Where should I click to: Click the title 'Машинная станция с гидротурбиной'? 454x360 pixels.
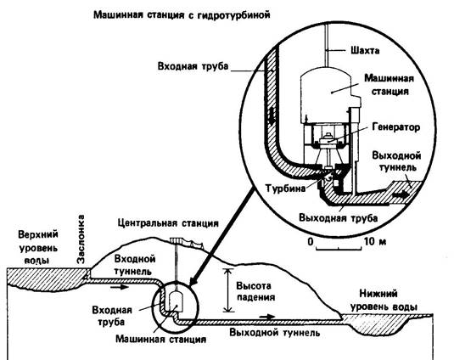(182, 15)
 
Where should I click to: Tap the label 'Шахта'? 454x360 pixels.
(365, 51)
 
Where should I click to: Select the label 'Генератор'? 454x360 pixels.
(395, 127)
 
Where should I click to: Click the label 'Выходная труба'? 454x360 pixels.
(339, 218)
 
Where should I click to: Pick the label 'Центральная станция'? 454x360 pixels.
(168, 223)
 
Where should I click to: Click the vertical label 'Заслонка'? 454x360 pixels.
(81, 239)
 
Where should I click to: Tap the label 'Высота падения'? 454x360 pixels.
(255, 291)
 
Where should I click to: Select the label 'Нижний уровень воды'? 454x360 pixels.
(384, 301)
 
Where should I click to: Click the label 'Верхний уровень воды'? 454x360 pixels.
(38, 247)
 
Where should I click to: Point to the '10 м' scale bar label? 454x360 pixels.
(375, 241)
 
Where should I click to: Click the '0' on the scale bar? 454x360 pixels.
(311, 241)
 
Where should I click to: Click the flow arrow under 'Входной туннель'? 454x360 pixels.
(120, 287)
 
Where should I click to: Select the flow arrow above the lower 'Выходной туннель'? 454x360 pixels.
(267, 317)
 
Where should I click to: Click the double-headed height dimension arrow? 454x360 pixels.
(229, 290)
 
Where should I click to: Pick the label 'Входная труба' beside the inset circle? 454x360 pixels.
(193, 66)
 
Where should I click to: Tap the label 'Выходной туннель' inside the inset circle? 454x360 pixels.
(396, 161)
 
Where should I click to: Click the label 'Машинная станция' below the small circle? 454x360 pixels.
(160, 339)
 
